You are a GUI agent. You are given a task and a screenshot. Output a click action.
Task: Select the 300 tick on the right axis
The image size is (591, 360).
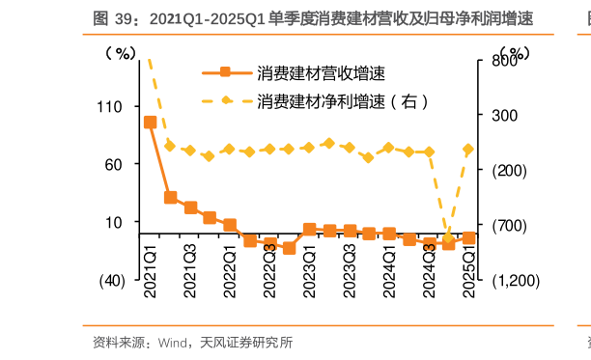505,115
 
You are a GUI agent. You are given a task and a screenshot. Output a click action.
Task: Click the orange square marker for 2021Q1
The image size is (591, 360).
150,122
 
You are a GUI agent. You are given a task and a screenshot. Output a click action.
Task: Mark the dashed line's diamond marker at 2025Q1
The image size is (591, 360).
468,150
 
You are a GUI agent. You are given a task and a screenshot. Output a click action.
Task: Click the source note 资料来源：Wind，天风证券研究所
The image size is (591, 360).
192,343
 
